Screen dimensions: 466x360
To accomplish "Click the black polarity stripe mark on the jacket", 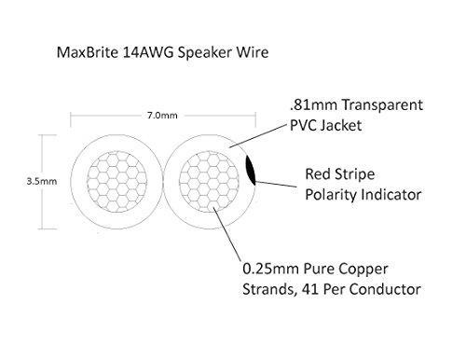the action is point(249,173).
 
